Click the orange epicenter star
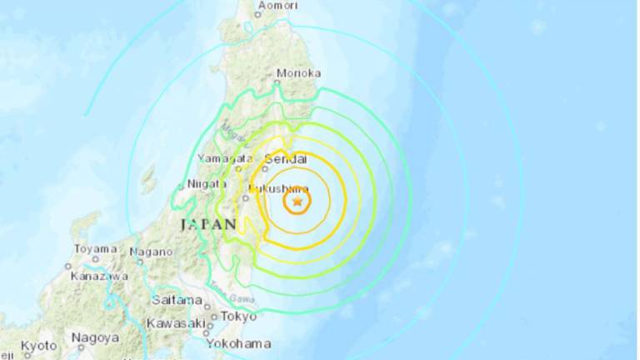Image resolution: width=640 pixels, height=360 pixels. (x=297, y=201)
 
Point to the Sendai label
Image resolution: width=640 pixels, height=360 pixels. (x=285, y=158)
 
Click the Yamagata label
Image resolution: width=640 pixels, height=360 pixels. (x=224, y=158)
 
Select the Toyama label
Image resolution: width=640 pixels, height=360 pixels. (x=94, y=248)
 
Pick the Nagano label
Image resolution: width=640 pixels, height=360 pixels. (x=151, y=252)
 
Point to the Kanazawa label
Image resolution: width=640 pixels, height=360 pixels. (x=98, y=275)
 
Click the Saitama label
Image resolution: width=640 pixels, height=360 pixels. (x=177, y=300)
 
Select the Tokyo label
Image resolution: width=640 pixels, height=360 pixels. (x=238, y=316)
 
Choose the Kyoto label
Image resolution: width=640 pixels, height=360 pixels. (x=38, y=345)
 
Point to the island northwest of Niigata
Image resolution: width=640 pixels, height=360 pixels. (x=148, y=177)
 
